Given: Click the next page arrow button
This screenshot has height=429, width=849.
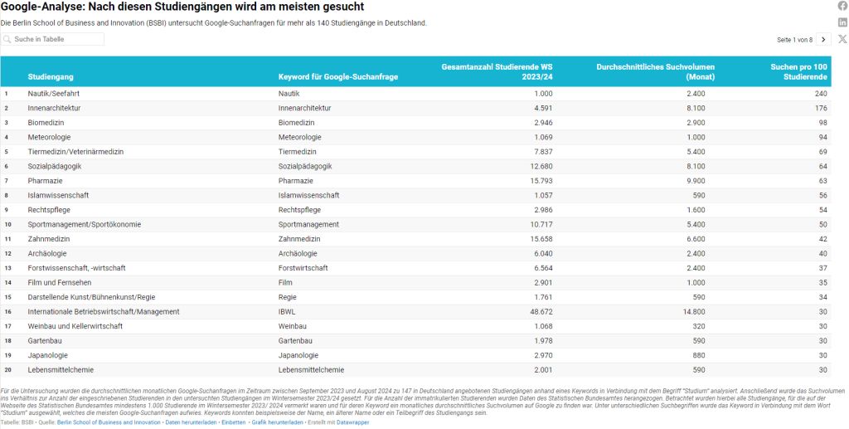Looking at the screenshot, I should [823, 39].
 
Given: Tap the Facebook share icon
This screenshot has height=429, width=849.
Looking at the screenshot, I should [842, 6].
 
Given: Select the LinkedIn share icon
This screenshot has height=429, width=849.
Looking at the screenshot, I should [842, 22].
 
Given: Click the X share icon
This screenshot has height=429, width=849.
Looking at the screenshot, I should [842, 39].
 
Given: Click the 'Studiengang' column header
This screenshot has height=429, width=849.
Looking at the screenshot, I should [45, 77].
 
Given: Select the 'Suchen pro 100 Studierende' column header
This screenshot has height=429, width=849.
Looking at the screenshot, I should [798, 72].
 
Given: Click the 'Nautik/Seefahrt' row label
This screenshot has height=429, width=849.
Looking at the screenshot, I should [53, 94].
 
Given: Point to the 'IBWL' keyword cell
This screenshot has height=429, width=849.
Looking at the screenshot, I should [288, 312].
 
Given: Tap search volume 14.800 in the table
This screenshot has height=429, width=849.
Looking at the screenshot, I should [693, 312].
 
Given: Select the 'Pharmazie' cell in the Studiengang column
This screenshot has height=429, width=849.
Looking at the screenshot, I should [46, 181].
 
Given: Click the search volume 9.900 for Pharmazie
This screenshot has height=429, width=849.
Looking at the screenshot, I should [696, 181].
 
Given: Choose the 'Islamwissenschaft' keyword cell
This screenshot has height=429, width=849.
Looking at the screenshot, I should [308, 196].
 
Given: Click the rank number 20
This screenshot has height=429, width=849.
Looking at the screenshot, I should [7, 370].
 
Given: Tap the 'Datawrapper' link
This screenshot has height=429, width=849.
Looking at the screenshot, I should [352, 422].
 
